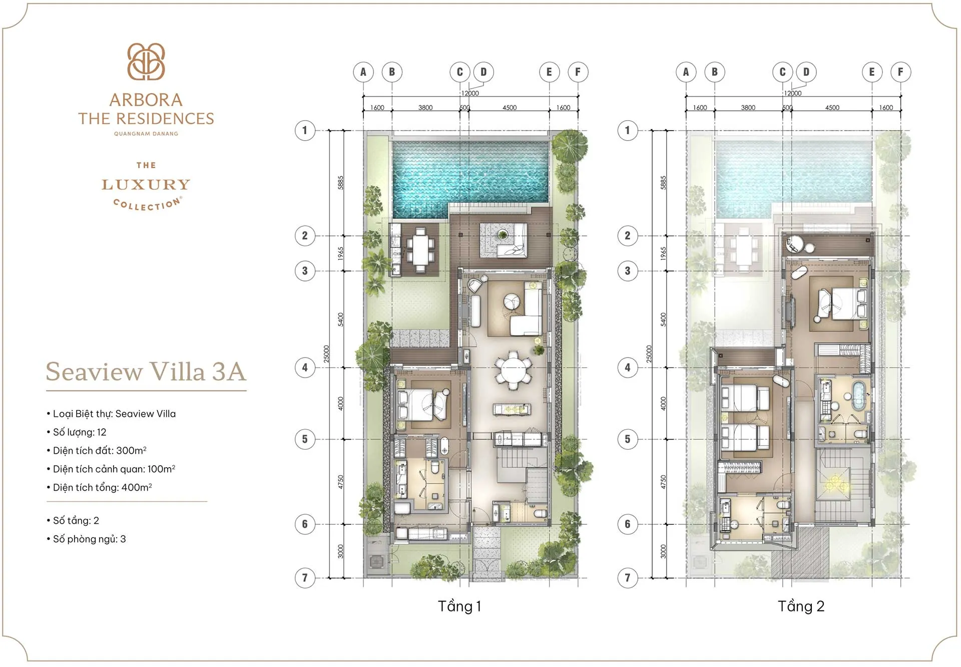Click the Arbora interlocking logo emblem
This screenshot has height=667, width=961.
pyautogui.click(x=146, y=62)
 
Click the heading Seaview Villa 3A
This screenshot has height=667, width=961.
pyautogui.click(x=146, y=372)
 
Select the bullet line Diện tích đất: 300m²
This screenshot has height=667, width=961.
pyautogui.click(x=100, y=450)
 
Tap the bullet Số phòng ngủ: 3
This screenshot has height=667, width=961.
pyautogui.click(x=89, y=539)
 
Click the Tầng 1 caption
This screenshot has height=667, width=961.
pyautogui.click(x=459, y=606)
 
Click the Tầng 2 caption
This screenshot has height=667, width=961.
pyautogui.click(x=800, y=606)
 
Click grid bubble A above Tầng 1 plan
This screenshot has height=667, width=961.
pyautogui.click(x=363, y=72)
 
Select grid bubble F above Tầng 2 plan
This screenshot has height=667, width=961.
pyautogui.click(x=900, y=72)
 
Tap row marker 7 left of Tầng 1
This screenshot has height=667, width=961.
pyautogui.click(x=305, y=577)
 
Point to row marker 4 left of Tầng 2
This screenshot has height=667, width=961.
pyautogui.click(x=627, y=368)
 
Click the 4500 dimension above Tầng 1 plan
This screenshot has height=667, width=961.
pyautogui.click(x=509, y=108)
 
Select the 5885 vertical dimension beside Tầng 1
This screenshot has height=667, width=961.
pyautogui.click(x=340, y=182)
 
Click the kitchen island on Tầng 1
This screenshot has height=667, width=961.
pyautogui.click(x=512, y=410)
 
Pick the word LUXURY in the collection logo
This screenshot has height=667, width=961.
pyautogui.click(x=146, y=185)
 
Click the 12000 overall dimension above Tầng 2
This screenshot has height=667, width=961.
pyautogui.click(x=792, y=93)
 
